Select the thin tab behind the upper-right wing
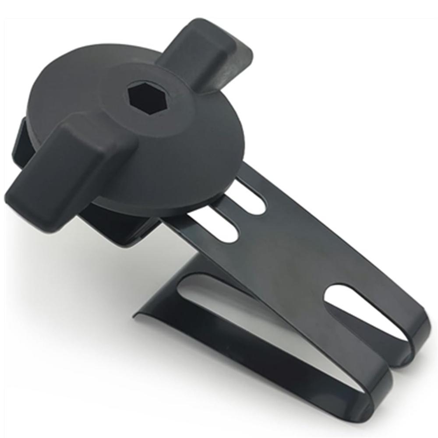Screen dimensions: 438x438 coord(243,57)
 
